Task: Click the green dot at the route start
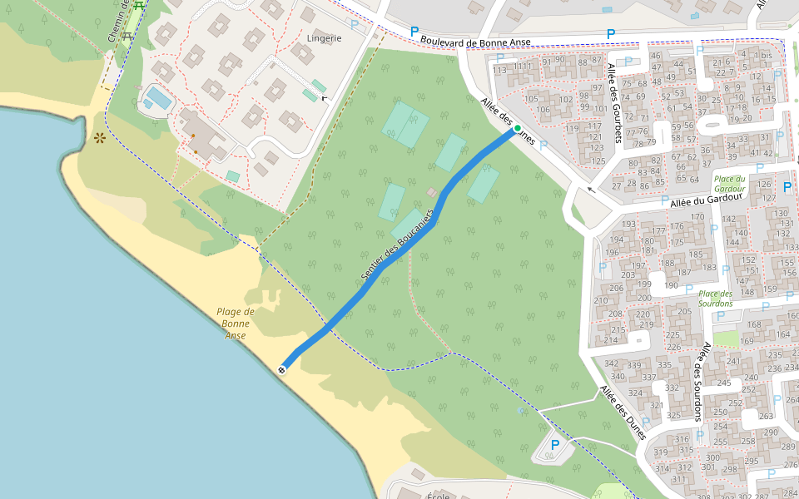(x=518, y=128)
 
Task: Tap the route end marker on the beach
(x=283, y=368)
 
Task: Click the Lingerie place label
(x=324, y=38)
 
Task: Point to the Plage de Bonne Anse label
(x=236, y=323)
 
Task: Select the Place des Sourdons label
(x=716, y=299)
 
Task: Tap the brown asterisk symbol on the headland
(x=100, y=138)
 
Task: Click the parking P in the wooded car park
(x=554, y=446)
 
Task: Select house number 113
(x=499, y=71)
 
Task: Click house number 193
(x=629, y=225)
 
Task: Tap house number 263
(x=767, y=417)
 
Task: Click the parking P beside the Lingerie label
(x=355, y=25)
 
